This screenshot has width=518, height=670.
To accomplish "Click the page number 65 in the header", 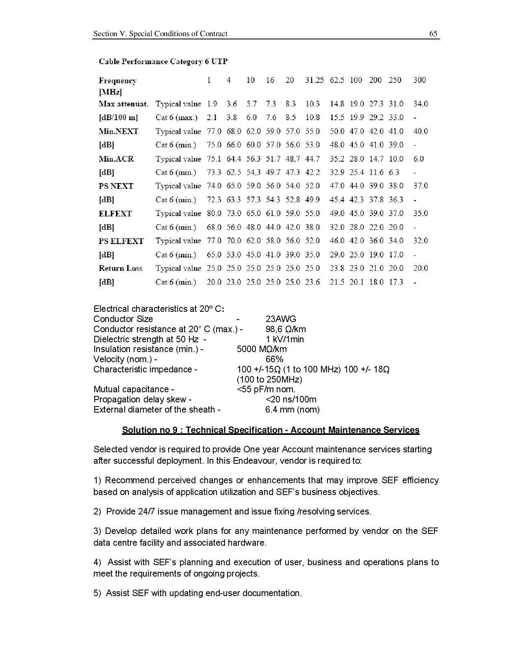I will [433, 34].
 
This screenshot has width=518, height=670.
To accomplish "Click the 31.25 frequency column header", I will [314, 80].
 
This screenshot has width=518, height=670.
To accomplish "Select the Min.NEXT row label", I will [118, 131].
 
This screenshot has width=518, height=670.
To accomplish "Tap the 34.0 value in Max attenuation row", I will [420, 104].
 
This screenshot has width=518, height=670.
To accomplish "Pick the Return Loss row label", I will [120, 268].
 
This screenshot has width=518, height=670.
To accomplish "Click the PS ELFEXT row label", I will [121, 241].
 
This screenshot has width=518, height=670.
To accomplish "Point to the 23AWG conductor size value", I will [280, 319].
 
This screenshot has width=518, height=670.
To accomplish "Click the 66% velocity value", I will [274, 359].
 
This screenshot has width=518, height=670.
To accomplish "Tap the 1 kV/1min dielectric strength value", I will [284, 339].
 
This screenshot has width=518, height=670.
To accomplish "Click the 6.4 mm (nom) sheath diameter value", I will [292, 410].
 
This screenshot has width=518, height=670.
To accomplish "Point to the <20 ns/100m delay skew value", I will [290, 400].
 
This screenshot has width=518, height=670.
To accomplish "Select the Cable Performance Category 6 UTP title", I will [163, 62].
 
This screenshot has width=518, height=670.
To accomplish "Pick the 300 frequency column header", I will [419, 80].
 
